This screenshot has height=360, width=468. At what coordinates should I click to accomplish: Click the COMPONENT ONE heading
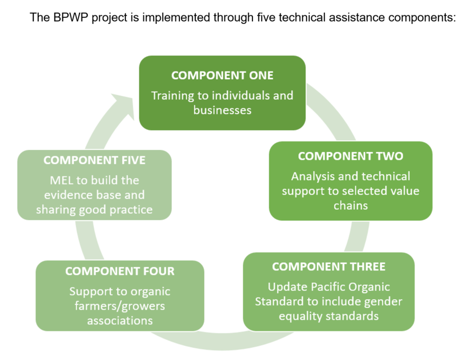click(222, 75)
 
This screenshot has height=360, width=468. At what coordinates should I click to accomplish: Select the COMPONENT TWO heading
click(350, 156)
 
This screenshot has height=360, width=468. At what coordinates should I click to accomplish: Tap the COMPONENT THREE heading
click(329, 267)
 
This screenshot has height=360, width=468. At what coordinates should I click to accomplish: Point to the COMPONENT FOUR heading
click(120, 271)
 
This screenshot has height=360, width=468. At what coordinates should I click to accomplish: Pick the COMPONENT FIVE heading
click(94, 160)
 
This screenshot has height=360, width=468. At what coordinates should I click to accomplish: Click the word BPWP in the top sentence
click(71, 17)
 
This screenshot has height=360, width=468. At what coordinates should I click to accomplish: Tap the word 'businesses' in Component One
click(222, 110)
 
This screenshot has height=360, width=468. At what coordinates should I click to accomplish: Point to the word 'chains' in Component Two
click(350, 205)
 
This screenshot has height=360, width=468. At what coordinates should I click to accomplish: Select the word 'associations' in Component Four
click(120, 321)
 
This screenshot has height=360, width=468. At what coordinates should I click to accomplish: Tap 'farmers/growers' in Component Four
click(120, 306)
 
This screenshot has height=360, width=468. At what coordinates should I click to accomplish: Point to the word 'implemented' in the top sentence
click(176, 17)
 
